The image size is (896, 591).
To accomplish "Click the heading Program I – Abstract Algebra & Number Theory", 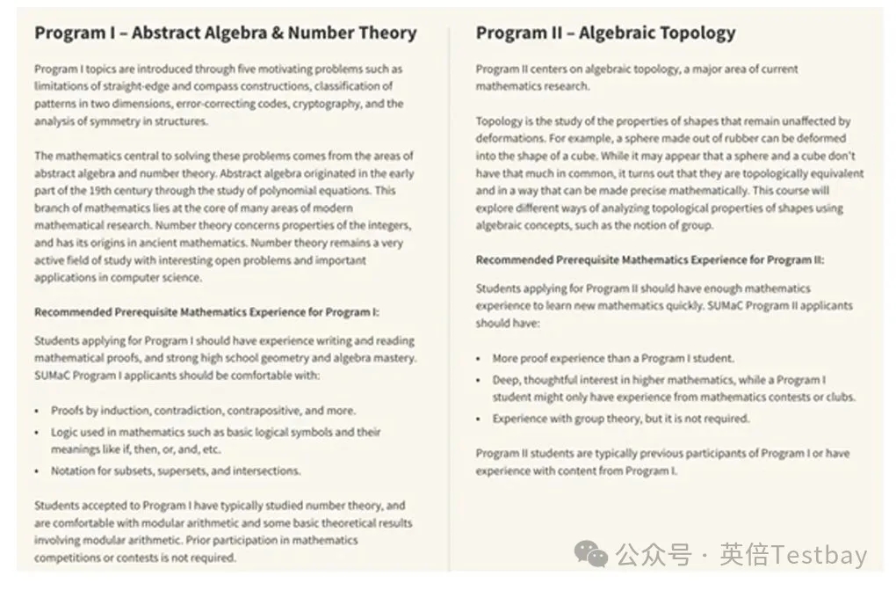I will (225, 33).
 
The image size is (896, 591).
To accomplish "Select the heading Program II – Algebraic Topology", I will (605, 33).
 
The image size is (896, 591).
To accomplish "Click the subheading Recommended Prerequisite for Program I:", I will (206, 312).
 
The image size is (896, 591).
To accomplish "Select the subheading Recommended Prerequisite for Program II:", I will (650, 259).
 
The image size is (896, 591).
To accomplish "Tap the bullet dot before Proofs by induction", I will (39, 412).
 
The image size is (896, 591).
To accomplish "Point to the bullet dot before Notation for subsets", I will (39, 472).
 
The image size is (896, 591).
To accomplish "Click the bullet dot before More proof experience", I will (480, 360).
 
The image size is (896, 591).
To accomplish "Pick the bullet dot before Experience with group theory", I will (480, 420).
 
